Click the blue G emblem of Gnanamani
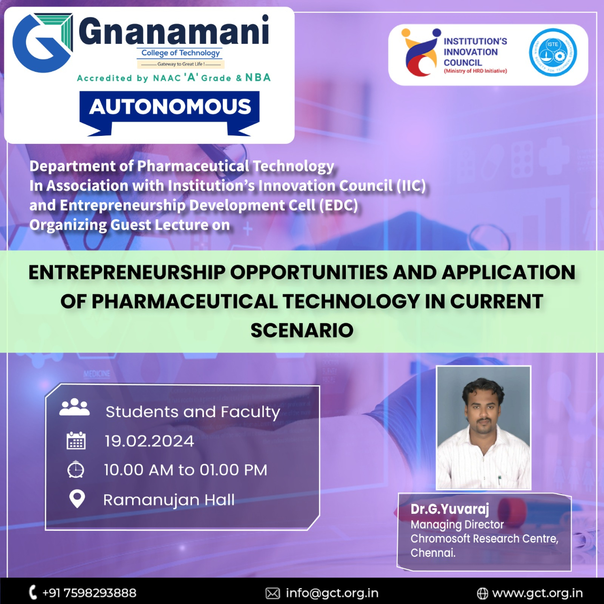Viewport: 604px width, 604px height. tap(42, 43)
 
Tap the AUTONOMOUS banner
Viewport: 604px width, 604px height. tap(169, 113)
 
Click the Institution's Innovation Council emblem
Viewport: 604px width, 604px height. tap(421, 52)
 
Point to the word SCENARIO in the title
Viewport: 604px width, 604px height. tap(302, 330)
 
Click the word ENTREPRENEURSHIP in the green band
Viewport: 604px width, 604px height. tap(127, 272)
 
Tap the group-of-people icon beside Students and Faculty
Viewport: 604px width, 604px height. tap(75, 407)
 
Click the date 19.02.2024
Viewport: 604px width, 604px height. tap(149, 441)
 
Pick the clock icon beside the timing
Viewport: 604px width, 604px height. tap(75, 469)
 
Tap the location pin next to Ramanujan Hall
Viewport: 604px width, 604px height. tap(77, 499)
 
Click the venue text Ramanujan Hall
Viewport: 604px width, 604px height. tap(169, 500)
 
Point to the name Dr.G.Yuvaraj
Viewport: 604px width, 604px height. tap(450, 510)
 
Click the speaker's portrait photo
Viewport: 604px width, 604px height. tap(484, 428)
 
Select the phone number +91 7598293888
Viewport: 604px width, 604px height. tap(89, 593)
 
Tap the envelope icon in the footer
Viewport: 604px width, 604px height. tap(273, 593)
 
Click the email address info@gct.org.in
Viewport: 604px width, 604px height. tap(332, 593)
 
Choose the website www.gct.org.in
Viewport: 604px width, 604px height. tap(537, 593)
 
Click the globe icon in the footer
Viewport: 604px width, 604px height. tap(482, 593)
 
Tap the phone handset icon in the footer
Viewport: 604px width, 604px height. tap(33, 592)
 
